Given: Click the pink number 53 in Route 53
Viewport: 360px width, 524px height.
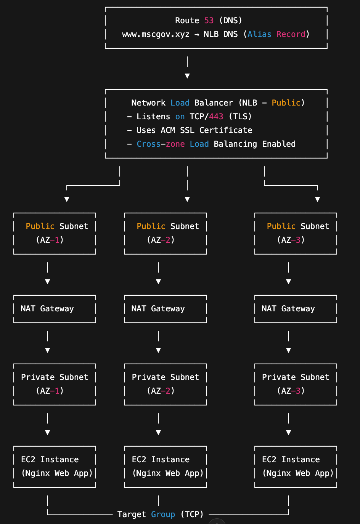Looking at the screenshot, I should [x=209, y=21].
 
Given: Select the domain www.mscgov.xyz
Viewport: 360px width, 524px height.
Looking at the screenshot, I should [x=156, y=34].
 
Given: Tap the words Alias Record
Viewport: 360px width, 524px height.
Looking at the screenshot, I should [x=276, y=34].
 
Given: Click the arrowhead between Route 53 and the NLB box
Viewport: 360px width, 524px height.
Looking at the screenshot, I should [x=187, y=76].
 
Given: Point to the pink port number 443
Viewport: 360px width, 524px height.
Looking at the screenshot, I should [x=216, y=117].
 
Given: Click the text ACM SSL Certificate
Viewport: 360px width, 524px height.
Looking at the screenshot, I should [x=206, y=130].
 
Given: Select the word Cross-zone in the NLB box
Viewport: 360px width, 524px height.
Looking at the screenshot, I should [x=161, y=144].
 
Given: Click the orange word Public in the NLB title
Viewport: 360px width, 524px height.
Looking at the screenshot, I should [x=286, y=103].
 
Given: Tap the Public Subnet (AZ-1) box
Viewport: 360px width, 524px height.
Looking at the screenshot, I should [x=55, y=233].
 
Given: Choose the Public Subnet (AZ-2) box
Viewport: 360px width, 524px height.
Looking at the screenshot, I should [x=166, y=233].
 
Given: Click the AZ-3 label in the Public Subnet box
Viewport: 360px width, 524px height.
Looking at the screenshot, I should [x=291, y=240].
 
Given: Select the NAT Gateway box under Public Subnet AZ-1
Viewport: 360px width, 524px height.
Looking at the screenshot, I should [x=55, y=309].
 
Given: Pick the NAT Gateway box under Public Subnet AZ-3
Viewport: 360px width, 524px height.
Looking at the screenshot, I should [x=296, y=309].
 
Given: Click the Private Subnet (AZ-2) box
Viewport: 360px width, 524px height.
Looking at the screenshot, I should [x=166, y=384].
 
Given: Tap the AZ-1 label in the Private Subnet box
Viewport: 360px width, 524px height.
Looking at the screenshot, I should [x=50, y=391].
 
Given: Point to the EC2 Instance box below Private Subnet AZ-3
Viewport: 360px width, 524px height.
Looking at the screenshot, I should [x=296, y=466].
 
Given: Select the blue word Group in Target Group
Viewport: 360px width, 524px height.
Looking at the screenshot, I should [x=163, y=514].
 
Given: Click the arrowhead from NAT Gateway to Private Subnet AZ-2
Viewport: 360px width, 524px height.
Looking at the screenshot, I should [x=158, y=350].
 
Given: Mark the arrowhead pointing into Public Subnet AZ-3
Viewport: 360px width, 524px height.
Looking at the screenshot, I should [x=317, y=199].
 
